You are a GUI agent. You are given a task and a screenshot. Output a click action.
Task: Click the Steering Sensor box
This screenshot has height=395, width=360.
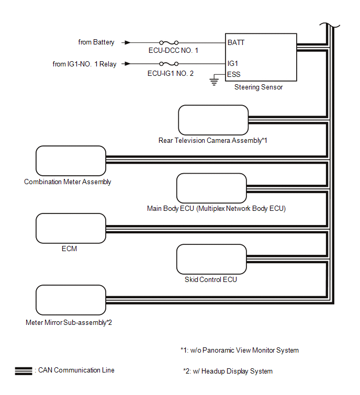[261, 58]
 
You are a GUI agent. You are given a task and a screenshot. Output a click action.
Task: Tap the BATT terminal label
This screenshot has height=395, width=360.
[236, 42]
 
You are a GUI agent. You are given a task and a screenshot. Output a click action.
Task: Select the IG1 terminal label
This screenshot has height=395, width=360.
[233, 63]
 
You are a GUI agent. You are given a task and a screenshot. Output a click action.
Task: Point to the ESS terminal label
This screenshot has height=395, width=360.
[234, 75]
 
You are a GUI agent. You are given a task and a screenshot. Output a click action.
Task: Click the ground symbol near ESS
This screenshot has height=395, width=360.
[213, 81]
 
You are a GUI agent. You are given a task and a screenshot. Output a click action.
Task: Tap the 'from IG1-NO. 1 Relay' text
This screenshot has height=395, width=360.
[84, 64]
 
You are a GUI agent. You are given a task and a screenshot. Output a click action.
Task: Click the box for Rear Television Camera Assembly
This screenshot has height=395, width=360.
[213, 120]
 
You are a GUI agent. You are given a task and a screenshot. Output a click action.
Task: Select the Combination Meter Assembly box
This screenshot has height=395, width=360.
[71, 161]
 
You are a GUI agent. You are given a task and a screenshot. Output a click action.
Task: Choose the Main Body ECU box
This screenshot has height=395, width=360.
[211, 188]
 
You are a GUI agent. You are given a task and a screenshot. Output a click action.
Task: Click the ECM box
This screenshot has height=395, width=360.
[71, 228]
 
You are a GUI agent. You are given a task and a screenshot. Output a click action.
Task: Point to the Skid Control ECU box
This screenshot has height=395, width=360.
[211, 259]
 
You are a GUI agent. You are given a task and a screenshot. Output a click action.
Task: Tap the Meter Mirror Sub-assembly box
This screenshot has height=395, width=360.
[71, 300]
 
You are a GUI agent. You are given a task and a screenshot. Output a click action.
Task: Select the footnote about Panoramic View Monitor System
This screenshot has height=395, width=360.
[240, 351]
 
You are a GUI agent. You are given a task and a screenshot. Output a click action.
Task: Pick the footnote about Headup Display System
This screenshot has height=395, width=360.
[228, 371]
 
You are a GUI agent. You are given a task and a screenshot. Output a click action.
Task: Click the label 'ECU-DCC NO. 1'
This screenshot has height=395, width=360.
[173, 51]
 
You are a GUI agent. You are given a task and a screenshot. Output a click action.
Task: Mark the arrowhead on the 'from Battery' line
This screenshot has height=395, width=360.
[127, 42]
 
